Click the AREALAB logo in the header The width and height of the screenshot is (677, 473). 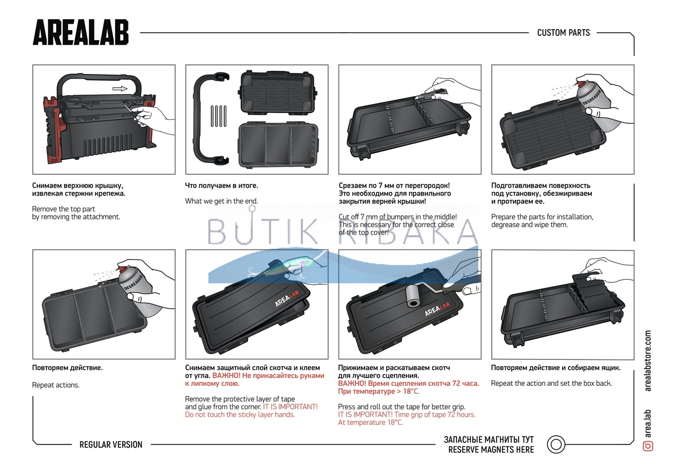coord(80,33)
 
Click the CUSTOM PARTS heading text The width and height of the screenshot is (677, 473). coord(563,33)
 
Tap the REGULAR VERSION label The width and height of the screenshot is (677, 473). coord(111,444)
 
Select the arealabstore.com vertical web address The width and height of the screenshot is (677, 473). coord(648,361)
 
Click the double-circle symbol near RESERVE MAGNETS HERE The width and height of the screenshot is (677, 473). coord(555,444)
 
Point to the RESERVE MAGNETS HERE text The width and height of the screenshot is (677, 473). coord(491,450)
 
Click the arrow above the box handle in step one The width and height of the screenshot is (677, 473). coord(121,89)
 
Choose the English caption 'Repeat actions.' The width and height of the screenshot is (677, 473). coord(56,385)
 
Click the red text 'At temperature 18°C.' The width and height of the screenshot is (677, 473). coord(370,422)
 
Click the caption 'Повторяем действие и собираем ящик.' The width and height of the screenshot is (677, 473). coord(555,368)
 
